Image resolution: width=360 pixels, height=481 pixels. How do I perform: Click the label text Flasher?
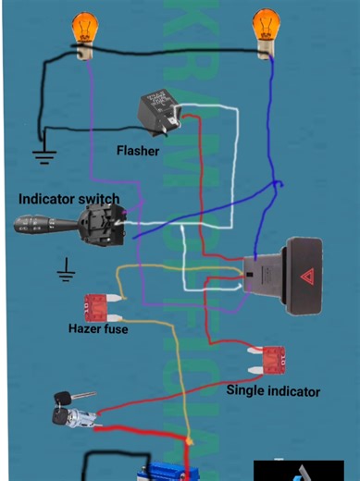[138, 151]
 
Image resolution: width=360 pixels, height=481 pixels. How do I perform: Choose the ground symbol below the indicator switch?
[66, 271]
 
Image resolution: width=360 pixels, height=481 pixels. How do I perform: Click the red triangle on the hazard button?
[306, 275]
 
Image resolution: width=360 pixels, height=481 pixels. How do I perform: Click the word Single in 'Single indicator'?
[248, 390]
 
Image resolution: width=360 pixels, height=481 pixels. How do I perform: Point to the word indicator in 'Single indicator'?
[295, 391]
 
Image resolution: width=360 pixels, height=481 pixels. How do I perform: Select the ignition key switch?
[71, 411]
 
